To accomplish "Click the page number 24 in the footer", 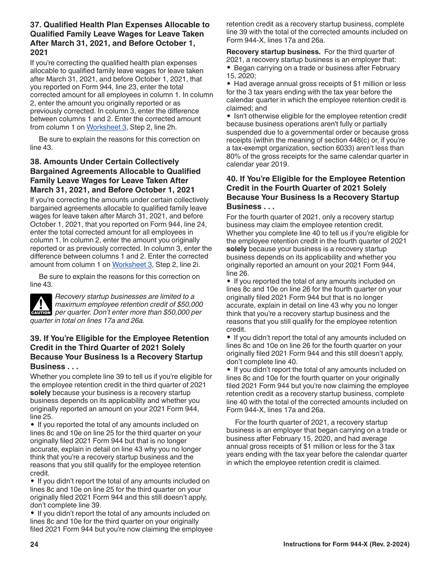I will [34, 544].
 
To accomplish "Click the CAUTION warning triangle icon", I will [41, 304].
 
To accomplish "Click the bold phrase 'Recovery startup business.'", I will [273, 52].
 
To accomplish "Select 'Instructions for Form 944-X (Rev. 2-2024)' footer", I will [346, 544].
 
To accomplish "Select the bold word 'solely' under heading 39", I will [40, 393].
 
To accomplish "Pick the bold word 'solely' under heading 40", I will [236, 249].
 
